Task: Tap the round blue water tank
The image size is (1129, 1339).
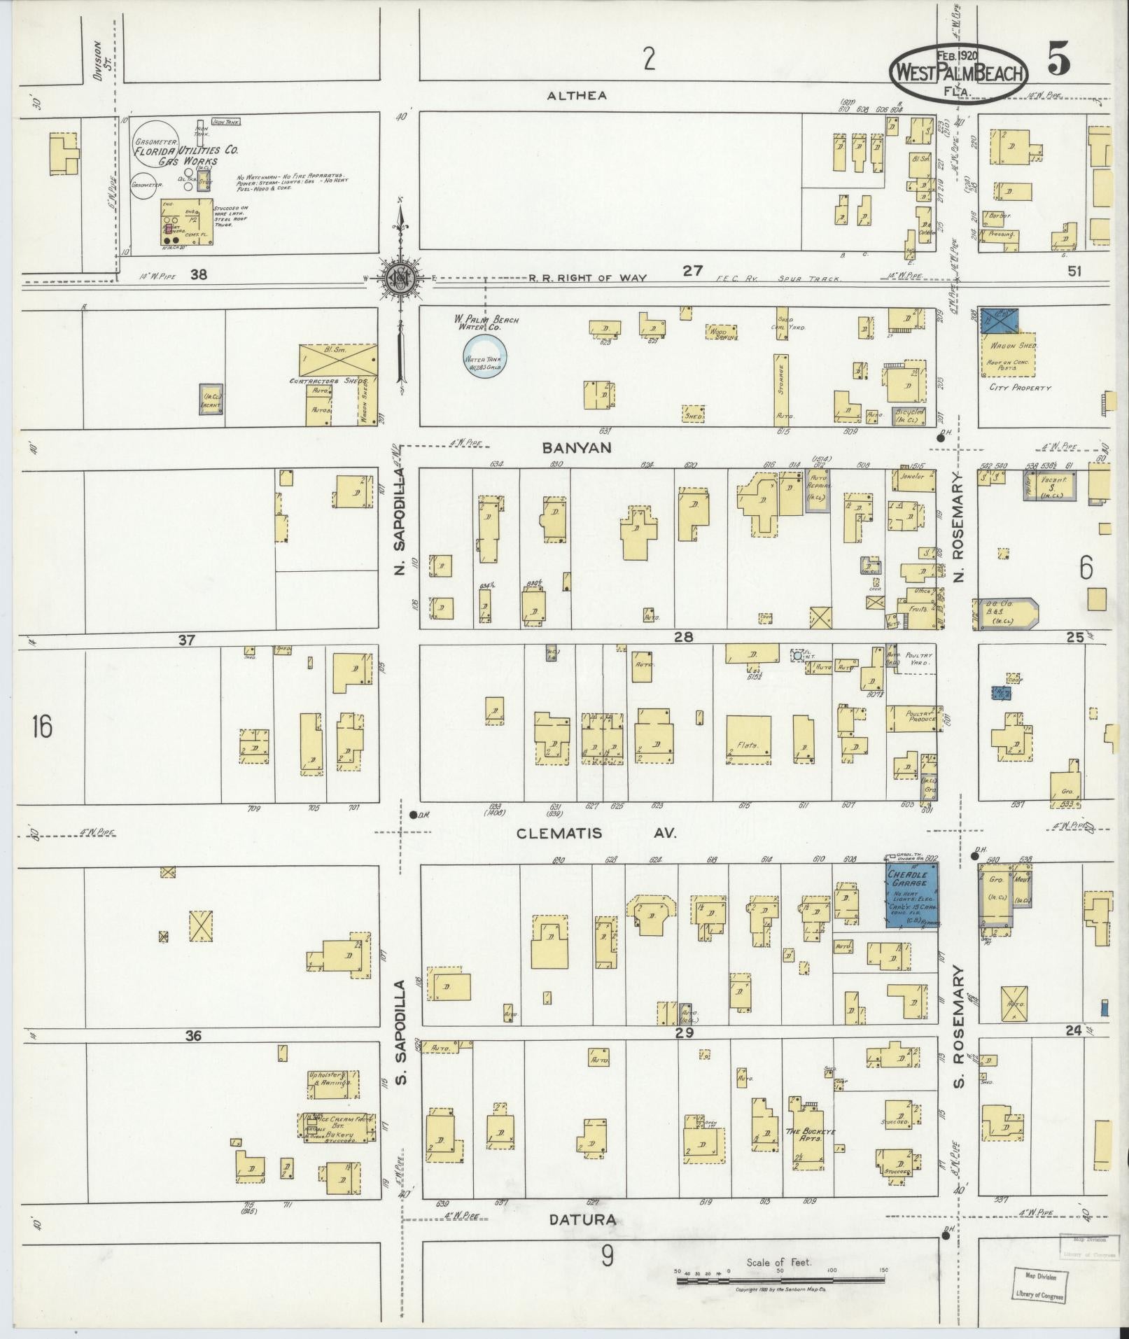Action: tap(486, 357)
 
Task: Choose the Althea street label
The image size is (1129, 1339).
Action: tap(577, 96)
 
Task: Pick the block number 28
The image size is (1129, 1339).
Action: tap(684, 638)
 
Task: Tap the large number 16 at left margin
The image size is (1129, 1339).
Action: tap(41, 727)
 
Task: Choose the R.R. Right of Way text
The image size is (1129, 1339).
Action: tap(587, 278)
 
